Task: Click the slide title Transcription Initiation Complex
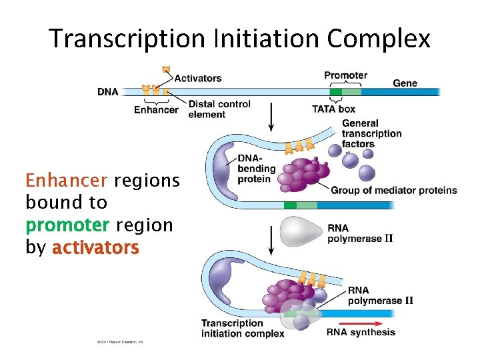point(240,39)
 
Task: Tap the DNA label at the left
point(107,92)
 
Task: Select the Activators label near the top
point(198,78)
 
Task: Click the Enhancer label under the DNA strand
point(156,110)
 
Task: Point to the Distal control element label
point(219,109)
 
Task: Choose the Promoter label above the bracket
point(345,75)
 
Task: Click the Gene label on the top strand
point(405,83)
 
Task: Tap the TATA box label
point(333,109)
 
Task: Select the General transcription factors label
point(371,133)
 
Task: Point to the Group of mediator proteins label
point(393,190)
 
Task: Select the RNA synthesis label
point(361,332)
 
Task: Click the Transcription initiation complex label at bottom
point(243,328)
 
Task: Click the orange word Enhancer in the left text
point(67,180)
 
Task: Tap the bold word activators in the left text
point(95,247)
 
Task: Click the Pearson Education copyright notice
point(120,342)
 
